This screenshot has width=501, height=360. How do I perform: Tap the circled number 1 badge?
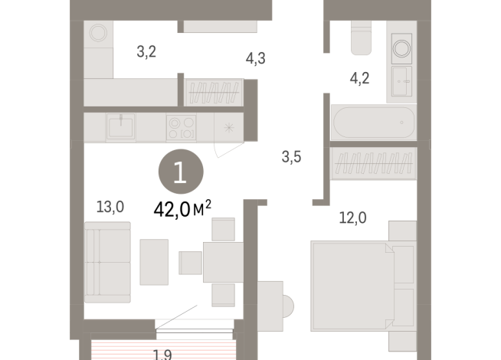pos(181,173)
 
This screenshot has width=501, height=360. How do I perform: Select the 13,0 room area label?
pos(110,206)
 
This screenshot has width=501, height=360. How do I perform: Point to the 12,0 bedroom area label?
pos(352,218)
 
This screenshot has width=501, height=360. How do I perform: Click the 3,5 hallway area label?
pos(291,159)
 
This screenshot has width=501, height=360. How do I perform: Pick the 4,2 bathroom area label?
pos(359,77)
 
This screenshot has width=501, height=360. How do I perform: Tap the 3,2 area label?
pos(147,53)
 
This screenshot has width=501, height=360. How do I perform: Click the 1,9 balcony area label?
pos(162,353)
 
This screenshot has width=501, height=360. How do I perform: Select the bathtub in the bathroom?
pos(373,123)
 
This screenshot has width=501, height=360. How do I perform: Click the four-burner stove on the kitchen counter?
pos(181,126)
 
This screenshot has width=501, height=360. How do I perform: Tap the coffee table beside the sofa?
pos(155,260)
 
